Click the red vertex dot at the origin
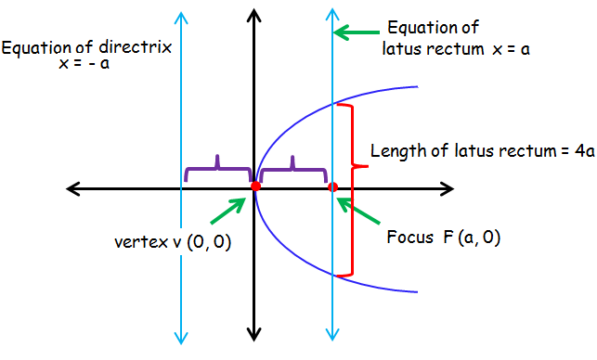click(x=254, y=187)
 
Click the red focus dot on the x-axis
click(x=332, y=187)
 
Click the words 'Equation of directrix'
click(x=86, y=47)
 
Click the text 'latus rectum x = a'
click(x=457, y=47)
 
